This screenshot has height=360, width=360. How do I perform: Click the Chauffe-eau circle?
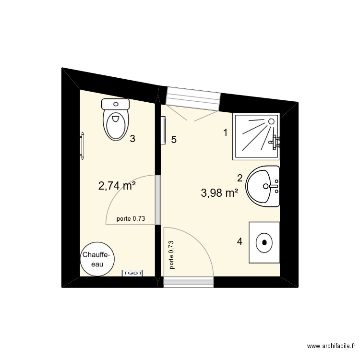click(98, 259)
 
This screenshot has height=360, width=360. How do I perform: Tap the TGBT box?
click(133, 273)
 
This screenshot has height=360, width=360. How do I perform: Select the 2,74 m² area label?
click(117, 186)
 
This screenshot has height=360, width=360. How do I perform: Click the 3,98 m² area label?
click(220, 193)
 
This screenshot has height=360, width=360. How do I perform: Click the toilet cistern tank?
click(116, 103)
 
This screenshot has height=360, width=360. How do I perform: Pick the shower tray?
click(256, 137)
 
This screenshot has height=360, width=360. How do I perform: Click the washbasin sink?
click(263, 186)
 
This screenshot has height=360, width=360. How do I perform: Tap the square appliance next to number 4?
click(264, 242)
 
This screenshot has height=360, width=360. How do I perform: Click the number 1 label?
click(225, 133)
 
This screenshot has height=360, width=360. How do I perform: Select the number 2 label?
click(240, 178)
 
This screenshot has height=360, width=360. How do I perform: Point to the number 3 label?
click(132, 139)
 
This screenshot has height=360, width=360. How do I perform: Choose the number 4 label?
click(240, 241)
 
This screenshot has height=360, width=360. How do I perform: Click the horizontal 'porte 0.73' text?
click(131, 219)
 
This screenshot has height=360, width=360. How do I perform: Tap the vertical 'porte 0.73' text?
click(171, 254)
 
